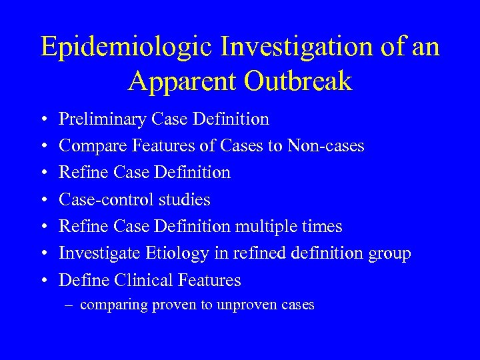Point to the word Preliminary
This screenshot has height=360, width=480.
tap(103, 120)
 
